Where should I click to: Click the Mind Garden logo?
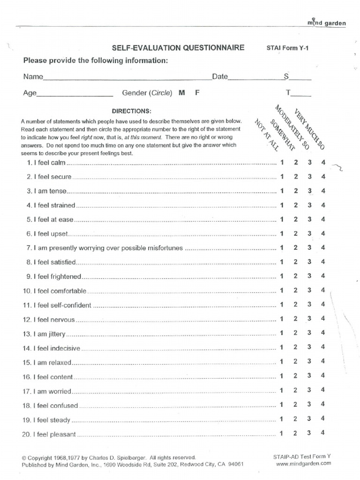327,22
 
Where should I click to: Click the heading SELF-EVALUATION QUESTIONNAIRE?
178,48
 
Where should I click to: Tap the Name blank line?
127,80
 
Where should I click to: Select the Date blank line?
253,80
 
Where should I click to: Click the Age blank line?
75,96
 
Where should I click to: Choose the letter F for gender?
197,93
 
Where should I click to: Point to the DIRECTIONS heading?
132,111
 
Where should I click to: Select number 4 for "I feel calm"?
323,163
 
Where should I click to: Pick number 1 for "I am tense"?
282,191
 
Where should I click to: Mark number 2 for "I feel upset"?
296,233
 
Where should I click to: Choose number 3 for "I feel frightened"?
309,276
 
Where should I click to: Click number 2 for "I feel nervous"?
296,319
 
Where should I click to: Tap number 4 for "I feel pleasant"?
323,433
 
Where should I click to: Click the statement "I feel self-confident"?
63,306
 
